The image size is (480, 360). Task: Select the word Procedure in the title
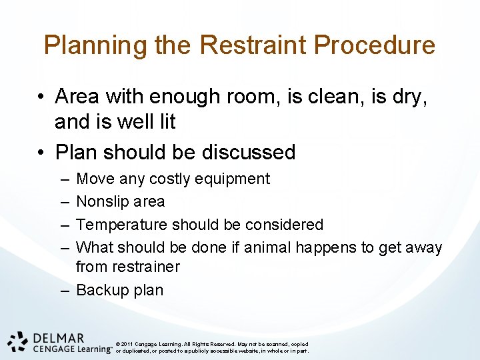pos(375,45)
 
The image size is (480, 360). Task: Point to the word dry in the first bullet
pos(409,97)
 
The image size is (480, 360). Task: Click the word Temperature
pos(117,225)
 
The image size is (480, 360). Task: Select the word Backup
pos(102,290)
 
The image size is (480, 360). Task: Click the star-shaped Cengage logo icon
pos(17,341)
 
